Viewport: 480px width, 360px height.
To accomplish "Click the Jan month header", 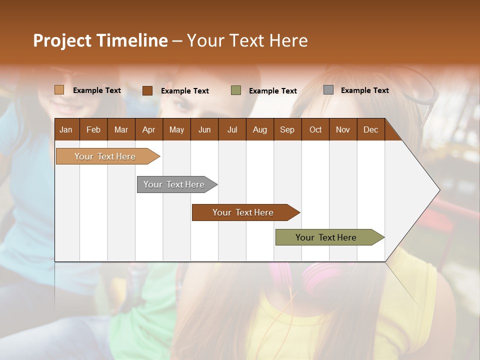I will (x=66, y=129).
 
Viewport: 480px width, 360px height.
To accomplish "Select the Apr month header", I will (x=148, y=129).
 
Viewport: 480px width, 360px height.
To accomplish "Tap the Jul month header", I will (x=232, y=129).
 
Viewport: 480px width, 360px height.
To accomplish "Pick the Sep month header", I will (x=287, y=129).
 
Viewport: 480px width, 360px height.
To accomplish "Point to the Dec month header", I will (x=370, y=129).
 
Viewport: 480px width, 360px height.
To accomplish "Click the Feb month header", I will (x=93, y=129).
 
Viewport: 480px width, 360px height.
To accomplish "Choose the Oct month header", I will (x=315, y=129).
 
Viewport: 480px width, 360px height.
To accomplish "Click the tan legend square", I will (x=59, y=90).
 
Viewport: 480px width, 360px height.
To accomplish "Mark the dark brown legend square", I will (x=147, y=90).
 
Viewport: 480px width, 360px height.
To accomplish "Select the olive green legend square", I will (x=236, y=90).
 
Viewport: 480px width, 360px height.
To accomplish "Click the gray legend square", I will (x=328, y=90).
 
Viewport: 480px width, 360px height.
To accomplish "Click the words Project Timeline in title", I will (x=100, y=40).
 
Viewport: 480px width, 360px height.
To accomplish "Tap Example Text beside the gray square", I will (x=364, y=90).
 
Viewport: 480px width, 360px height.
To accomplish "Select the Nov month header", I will (x=343, y=129).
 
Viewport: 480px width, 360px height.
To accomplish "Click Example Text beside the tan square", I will (x=97, y=90).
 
